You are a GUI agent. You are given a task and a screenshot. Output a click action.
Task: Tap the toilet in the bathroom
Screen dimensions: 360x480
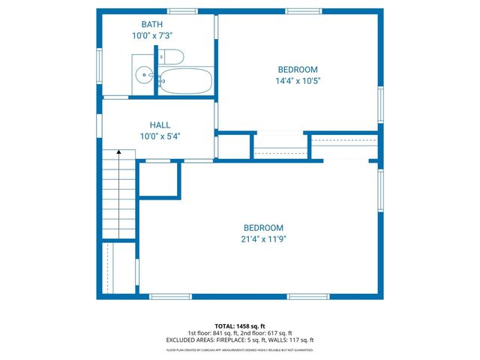[x=172, y=56]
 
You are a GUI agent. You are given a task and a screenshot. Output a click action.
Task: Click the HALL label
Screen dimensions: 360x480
[x=160, y=125]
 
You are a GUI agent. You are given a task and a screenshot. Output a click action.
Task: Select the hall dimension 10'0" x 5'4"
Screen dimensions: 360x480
[x=160, y=136]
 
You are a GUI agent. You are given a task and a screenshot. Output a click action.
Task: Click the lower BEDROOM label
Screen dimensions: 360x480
[x=263, y=228]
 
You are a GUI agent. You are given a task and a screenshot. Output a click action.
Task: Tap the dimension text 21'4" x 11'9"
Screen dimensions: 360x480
[x=263, y=239]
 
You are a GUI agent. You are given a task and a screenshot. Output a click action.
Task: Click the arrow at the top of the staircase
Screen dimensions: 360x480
[x=118, y=153]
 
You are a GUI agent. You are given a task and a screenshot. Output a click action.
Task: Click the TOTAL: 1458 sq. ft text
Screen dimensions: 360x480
[x=240, y=326]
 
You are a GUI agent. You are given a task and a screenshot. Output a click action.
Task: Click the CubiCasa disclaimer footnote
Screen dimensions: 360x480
[x=240, y=349]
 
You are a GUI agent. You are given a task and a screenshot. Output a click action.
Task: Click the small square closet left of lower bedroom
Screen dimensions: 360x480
[x=159, y=180]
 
